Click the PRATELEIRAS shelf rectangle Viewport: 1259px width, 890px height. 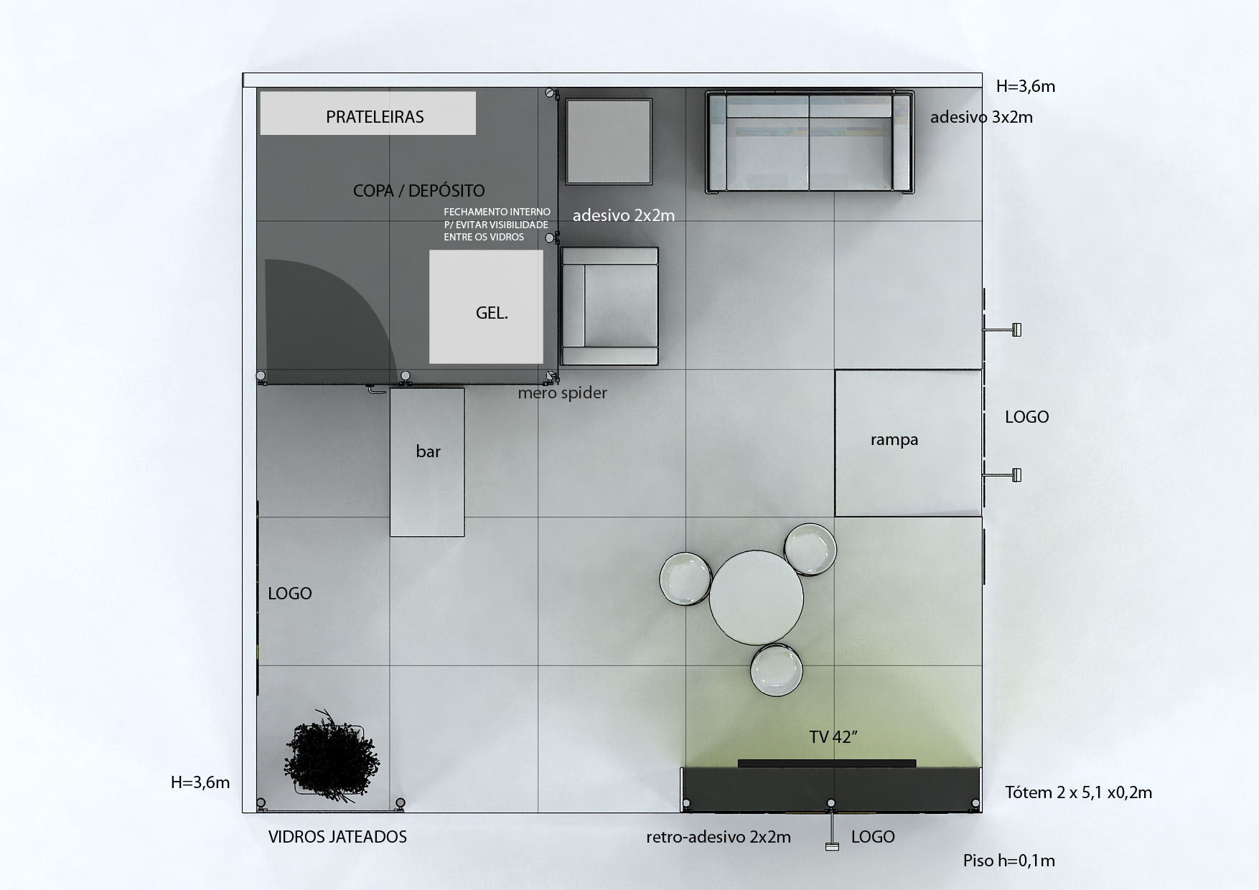(368, 113)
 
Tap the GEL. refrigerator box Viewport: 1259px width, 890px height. (486, 306)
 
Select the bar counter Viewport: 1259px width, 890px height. (427, 462)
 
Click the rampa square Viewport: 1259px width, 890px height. (908, 443)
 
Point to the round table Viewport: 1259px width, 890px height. (757, 597)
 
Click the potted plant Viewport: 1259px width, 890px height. (334, 755)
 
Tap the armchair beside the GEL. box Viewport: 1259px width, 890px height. (609, 306)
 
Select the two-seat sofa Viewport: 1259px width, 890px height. (810, 142)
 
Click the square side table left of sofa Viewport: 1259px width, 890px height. (609, 141)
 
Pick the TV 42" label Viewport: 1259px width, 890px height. (834, 736)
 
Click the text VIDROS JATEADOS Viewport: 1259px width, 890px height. (337, 836)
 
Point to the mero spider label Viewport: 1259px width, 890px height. (563, 393)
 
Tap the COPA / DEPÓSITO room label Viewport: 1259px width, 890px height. (419, 190)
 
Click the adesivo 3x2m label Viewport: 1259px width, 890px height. (981, 117)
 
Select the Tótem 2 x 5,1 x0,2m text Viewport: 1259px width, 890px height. (1078, 792)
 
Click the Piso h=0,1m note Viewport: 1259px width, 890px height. (1008, 861)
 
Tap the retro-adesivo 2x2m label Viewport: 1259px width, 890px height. (719, 837)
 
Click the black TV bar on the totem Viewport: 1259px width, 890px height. (827, 764)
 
